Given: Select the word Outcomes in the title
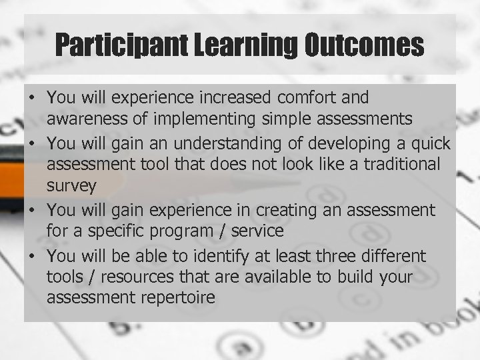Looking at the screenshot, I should [x=365, y=46].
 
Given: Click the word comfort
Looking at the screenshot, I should [x=307, y=99].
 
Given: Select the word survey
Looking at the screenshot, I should [x=69, y=185].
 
